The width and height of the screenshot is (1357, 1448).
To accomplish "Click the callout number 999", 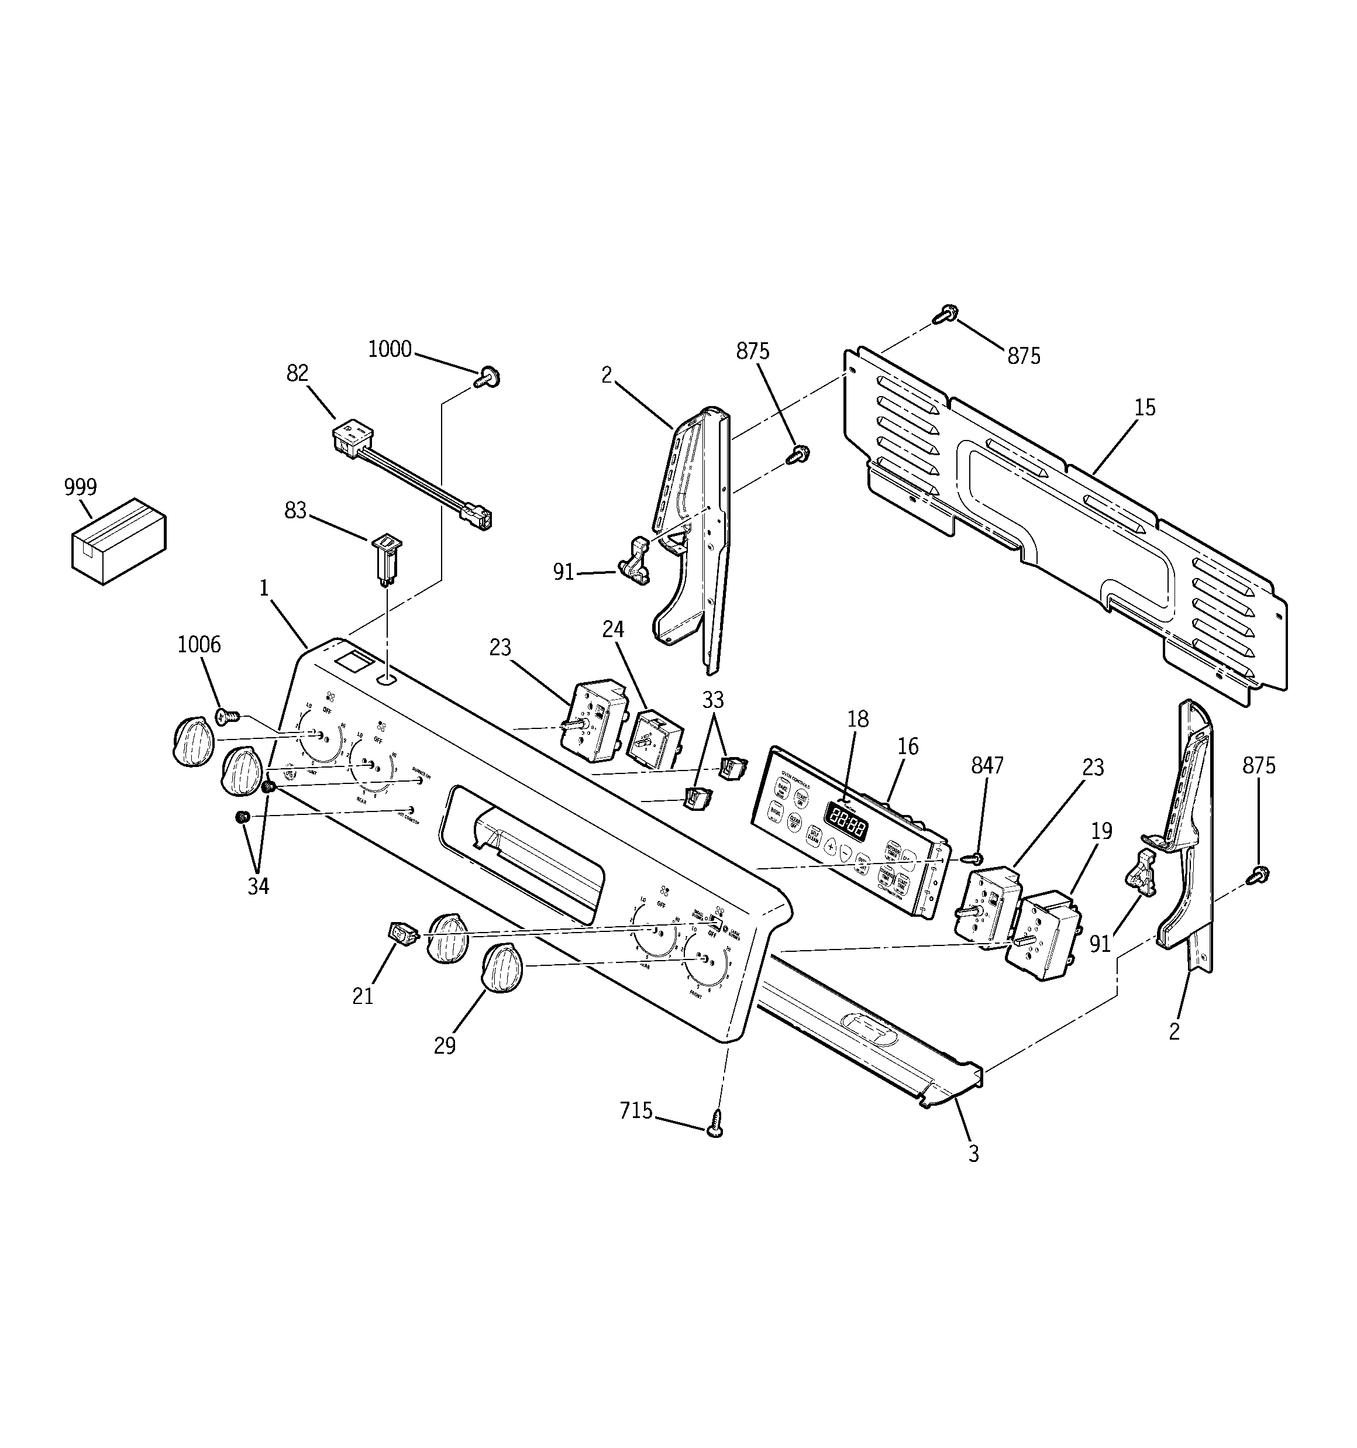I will pos(80,487).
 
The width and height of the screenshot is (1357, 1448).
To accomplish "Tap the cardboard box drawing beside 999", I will pos(118,541).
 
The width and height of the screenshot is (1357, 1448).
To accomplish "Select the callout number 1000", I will pos(390,350).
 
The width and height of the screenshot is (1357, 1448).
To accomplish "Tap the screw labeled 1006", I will pos(228,717).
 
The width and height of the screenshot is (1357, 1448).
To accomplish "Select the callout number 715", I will pos(636,1111).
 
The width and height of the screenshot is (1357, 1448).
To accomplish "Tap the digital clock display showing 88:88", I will pos(845,823).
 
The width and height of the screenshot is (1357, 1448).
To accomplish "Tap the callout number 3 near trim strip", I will pos(974,1154).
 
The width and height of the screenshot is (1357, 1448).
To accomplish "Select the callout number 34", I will pos(258,886).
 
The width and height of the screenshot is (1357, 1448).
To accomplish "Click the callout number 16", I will pos(908,747).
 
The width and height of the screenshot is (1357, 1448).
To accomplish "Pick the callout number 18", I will pos(858,719).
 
